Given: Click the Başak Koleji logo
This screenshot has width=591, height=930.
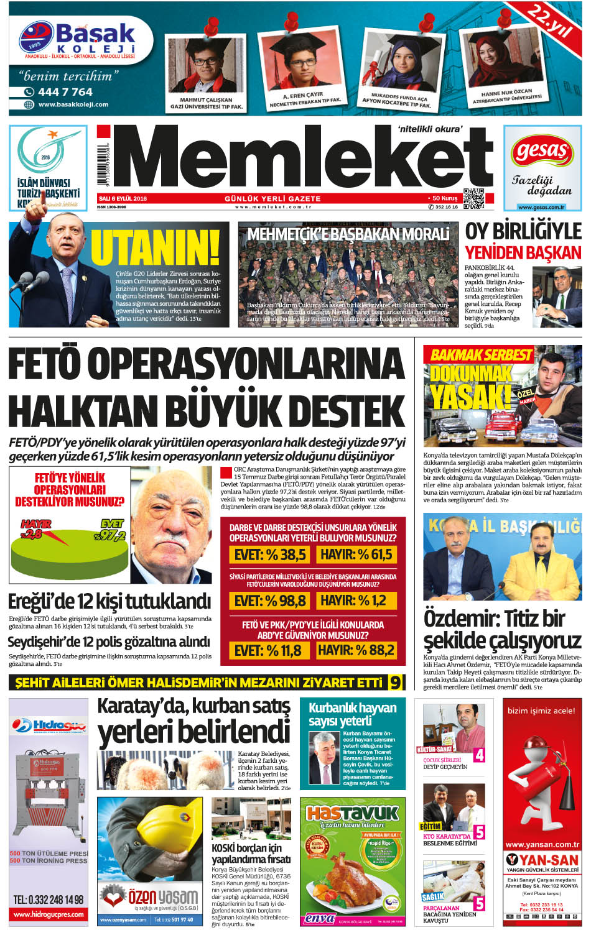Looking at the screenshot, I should click(78, 40).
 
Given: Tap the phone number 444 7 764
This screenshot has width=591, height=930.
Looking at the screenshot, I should click(65, 92).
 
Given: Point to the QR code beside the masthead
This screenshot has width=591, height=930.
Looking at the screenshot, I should click(474, 198).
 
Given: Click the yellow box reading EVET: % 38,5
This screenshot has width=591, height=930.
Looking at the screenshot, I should click(270, 554).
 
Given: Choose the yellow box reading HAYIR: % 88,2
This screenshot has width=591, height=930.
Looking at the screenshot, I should click(356, 650).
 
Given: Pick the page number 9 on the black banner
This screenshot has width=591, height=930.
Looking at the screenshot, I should click(395, 683).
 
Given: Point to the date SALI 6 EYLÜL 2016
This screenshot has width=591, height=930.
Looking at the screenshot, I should click(123, 199).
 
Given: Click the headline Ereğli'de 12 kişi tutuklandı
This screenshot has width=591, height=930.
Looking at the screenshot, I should click(109, 601).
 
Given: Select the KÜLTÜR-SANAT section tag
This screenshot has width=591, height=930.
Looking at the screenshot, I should click(439, 750).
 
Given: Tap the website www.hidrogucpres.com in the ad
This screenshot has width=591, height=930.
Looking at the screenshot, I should click(49, 914).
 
